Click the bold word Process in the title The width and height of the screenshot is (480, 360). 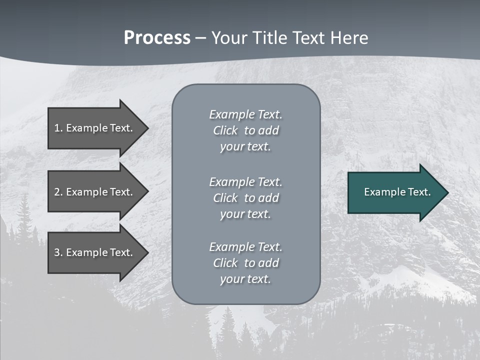tap(157, 38)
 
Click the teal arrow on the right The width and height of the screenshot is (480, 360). tap(395, 192)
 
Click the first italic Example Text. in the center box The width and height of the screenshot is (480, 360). tap(245, 114)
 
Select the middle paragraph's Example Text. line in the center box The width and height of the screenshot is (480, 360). tap(245, 182)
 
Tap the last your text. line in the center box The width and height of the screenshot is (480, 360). tap(245, 279)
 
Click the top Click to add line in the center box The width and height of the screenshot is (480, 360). tap(245, 130)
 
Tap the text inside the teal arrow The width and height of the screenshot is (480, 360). tap(397, 192)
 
